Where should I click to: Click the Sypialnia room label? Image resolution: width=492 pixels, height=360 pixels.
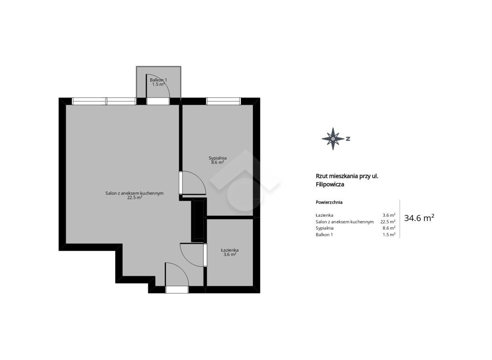click(218, 158)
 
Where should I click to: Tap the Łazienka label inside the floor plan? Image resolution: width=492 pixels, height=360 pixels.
click(230, 250)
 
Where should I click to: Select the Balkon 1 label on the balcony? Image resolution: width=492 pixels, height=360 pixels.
click(158, 80)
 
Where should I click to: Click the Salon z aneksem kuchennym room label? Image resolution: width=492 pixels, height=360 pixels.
click(134, 193)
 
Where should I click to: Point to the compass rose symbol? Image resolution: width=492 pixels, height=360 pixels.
click(333, 139)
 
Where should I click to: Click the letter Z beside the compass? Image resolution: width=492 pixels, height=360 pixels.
click(348, 139)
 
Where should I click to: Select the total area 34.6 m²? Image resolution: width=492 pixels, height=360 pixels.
click(419, 218)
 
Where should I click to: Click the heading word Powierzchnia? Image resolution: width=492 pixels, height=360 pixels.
click(329, 202)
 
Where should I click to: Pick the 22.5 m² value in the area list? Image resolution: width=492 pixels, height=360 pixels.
click(388, 222)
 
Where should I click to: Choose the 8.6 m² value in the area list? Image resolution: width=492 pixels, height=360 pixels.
click(389, 228)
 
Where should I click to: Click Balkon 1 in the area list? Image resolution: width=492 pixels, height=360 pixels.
click(324, 234)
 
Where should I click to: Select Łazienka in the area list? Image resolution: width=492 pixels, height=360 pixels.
click(324, 215)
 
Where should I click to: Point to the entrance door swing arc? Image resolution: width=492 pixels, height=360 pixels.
click(182, 269)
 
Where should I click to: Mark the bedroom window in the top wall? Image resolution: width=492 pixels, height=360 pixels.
click(223, 101)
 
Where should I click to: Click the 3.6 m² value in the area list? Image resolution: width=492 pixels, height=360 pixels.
click(389, 216)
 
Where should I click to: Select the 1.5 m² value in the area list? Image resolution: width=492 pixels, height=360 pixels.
click(389, 234)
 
